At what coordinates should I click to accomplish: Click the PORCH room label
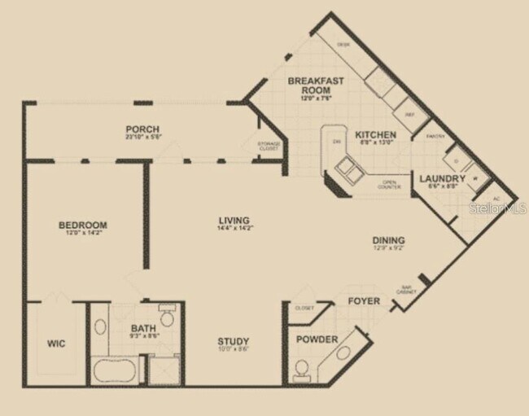click(x=142, y=129)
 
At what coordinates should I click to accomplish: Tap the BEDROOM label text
click(x=82, y=225)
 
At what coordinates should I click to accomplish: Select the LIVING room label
click(x=234, y=221)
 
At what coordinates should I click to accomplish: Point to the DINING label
click(x=388, y=240)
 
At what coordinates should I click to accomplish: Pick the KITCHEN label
click(x=375, y=135)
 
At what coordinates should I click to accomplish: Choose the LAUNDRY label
click(x=443, y=178)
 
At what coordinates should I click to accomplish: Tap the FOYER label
click(x=364, y=301)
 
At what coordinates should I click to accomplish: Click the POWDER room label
click(x=317, y=339)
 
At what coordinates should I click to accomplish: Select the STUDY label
click(x=233, y=341)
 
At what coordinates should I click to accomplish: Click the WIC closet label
click(x=55, y=344)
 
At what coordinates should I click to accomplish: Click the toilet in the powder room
click(x=302, y=371)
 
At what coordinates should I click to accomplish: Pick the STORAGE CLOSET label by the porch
click(x=269, y=147)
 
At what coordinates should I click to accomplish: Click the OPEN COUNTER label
click(x=388, y=184)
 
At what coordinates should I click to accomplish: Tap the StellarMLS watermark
click(x=499, y=209)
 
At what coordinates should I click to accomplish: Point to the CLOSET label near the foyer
click(x=304, y=309)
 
